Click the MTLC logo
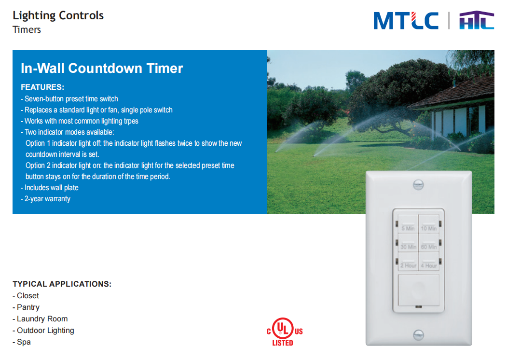click(x=406, y=21)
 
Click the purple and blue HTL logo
click(x=477, y=20)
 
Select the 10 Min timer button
click(x=429, y=224)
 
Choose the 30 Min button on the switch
click(x=408, y=243)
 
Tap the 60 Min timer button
click(x=429, y=243)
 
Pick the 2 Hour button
click(x=408, y=262)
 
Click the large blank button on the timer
click(x=418, y=290)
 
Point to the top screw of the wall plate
click(x=418, y=185)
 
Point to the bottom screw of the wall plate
click(x=418, y=335)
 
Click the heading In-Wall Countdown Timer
click(x=102, y=68)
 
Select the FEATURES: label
click(x=42, y=87)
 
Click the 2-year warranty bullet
click(x=46, y=199)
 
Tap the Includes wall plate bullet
click(x=50, y=188)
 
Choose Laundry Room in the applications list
click(x=40, y=319)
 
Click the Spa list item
click(x=22, y=342)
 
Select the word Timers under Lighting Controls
click(x=27, y=30)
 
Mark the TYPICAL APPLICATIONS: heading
click(x=62, y=284)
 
